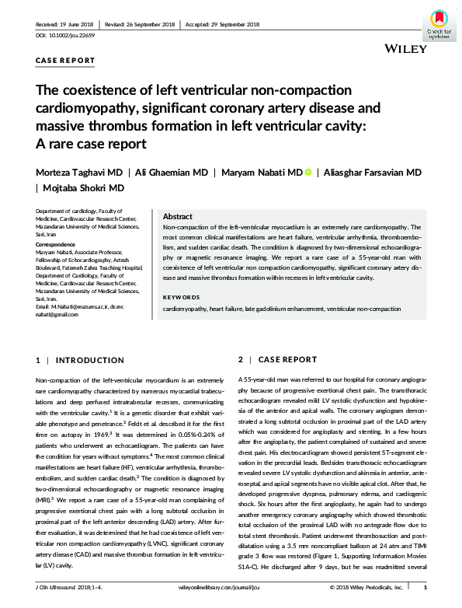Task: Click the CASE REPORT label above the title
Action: (x=65, y=60)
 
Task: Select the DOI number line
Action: (x=71, y=36)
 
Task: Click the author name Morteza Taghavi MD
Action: (x=79, y=172)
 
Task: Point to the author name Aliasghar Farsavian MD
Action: (x=373, y=172)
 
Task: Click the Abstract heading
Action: (x=178, y=217)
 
